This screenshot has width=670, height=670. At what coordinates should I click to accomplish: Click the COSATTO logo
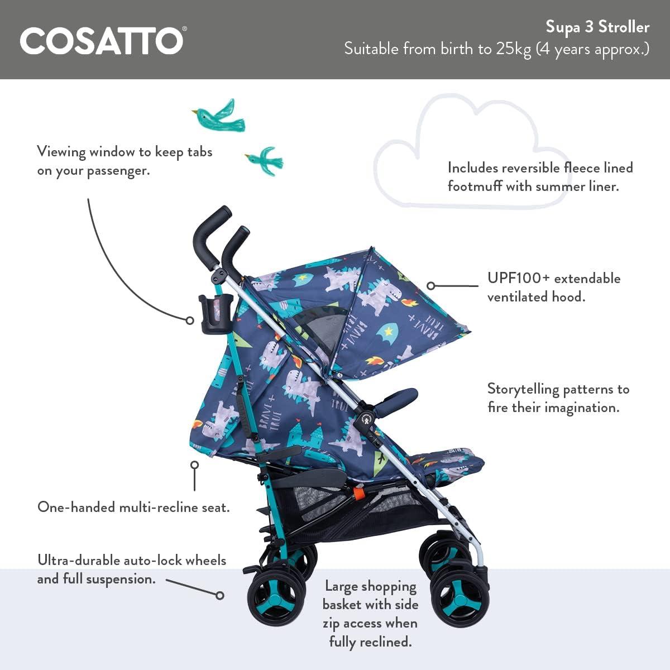click(x=102, y=41)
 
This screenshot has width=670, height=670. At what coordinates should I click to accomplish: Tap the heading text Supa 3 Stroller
click(x=597, y=27)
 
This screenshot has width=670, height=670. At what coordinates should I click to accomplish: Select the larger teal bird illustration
click(x=219, y=114)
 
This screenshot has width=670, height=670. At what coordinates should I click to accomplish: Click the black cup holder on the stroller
click(x=210, y=314)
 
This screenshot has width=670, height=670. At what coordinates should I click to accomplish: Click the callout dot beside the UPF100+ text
click(x=430, y=285)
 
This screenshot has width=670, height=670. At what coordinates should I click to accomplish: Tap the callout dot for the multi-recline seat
click(x=194, y=465)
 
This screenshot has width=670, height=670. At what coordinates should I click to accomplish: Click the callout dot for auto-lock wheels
click(x=220, y=595)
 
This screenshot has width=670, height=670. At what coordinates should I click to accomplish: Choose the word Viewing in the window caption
click(x=61, y=152)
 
